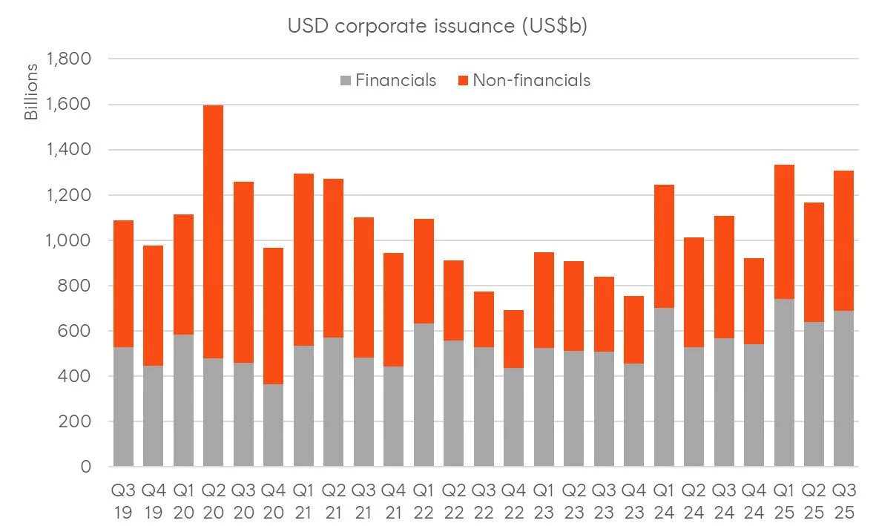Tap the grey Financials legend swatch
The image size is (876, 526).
point(345,80)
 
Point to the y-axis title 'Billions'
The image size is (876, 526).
point(31,93)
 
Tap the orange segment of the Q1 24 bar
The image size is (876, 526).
point(664,246)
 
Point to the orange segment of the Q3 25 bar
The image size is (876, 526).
point(844,240)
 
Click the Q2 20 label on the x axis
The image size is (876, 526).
point(214,501)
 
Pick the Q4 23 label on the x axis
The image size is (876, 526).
point(633,501)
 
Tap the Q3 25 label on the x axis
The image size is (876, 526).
point(844,501)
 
